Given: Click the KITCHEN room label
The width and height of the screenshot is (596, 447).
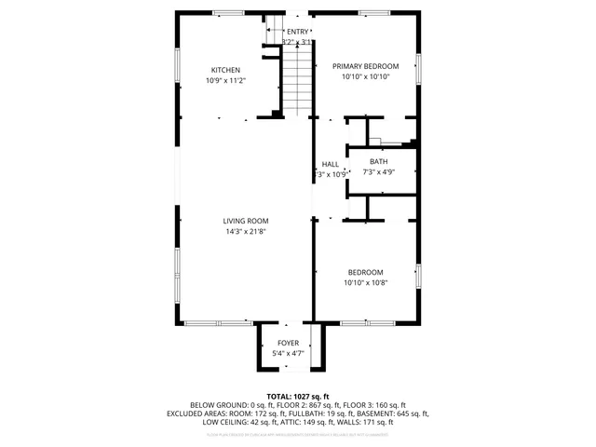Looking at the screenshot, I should [225, 71].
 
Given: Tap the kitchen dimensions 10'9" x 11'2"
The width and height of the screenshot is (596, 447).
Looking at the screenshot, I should [225, 81].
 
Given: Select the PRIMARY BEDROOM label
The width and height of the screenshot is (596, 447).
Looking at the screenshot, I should [365, 66].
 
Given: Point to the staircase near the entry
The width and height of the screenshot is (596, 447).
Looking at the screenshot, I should [297, 79].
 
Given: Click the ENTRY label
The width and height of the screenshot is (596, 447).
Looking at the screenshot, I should [297, 32].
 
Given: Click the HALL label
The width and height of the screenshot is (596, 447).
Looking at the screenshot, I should [331, 164].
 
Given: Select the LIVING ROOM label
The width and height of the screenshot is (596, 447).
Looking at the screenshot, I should [245, 221].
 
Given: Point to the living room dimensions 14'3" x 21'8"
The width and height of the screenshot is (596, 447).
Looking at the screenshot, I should [245, 231].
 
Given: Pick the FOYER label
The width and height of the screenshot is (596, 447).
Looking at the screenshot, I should [288, 344].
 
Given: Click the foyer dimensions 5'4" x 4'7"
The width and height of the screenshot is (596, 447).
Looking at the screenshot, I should [288, 354].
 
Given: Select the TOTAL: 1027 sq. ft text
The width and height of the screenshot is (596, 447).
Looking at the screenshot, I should [298, 396].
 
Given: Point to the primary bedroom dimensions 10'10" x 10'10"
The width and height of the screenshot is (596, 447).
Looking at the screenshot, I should [365, 76].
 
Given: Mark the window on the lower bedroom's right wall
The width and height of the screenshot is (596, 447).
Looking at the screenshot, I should [419, 277].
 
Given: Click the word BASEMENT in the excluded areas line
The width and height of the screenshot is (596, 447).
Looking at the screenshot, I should [375, 413].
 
